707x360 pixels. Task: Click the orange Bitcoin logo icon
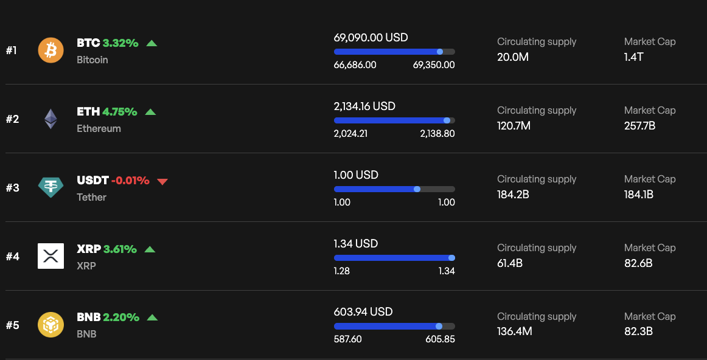point(50,50)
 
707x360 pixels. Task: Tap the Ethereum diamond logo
point(50,119)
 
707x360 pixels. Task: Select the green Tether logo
point(50,187)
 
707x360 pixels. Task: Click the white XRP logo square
point(50,256)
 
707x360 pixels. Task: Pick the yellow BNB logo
point(50,325)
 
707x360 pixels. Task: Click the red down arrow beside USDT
point(162,181)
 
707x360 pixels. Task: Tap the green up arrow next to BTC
point(151,43)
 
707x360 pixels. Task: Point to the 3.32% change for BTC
point(120,43)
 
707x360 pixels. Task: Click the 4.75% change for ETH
point(120,112)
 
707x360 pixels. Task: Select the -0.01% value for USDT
point(130,181)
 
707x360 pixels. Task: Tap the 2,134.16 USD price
point(364,106)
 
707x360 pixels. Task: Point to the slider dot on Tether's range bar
point(417,189)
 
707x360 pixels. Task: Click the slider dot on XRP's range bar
point(451,258)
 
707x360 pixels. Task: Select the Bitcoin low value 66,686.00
point(355,65)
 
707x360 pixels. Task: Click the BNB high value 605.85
point(440,339)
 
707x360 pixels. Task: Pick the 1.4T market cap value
point(633,57)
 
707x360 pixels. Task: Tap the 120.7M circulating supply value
point(514,126)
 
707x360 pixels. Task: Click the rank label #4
point(13,257)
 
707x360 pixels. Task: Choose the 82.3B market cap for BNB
point(638,332)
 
